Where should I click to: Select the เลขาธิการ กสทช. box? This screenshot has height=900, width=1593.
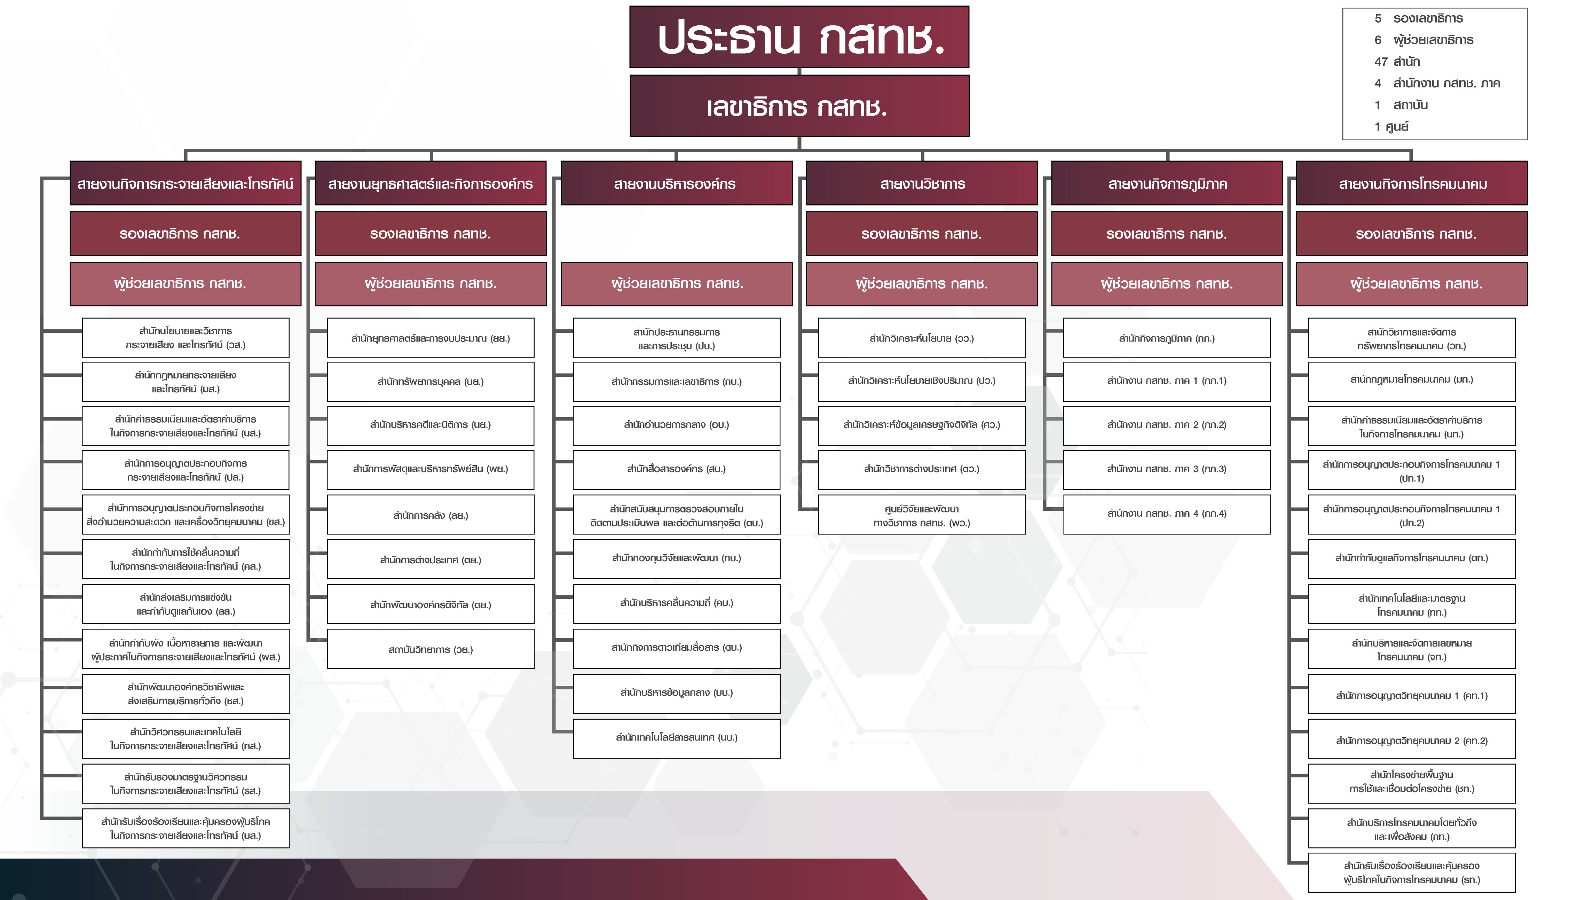coord(799,106)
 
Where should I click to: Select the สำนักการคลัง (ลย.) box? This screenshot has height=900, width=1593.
coord(431,515)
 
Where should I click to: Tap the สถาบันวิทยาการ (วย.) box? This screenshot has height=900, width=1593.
coord(431,649)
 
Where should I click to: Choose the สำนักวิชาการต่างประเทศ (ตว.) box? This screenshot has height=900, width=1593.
coord(921,469)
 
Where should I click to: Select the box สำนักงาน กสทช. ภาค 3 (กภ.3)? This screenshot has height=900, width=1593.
coord(1166,469)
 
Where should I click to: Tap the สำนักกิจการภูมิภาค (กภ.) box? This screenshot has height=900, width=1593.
coord(1166,338)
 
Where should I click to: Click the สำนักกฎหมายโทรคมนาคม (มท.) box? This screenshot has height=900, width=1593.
coord(1411,381)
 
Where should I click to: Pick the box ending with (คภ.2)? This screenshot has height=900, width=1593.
coord(1411,740)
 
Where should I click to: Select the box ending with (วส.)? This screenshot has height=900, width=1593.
coord(186,338)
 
